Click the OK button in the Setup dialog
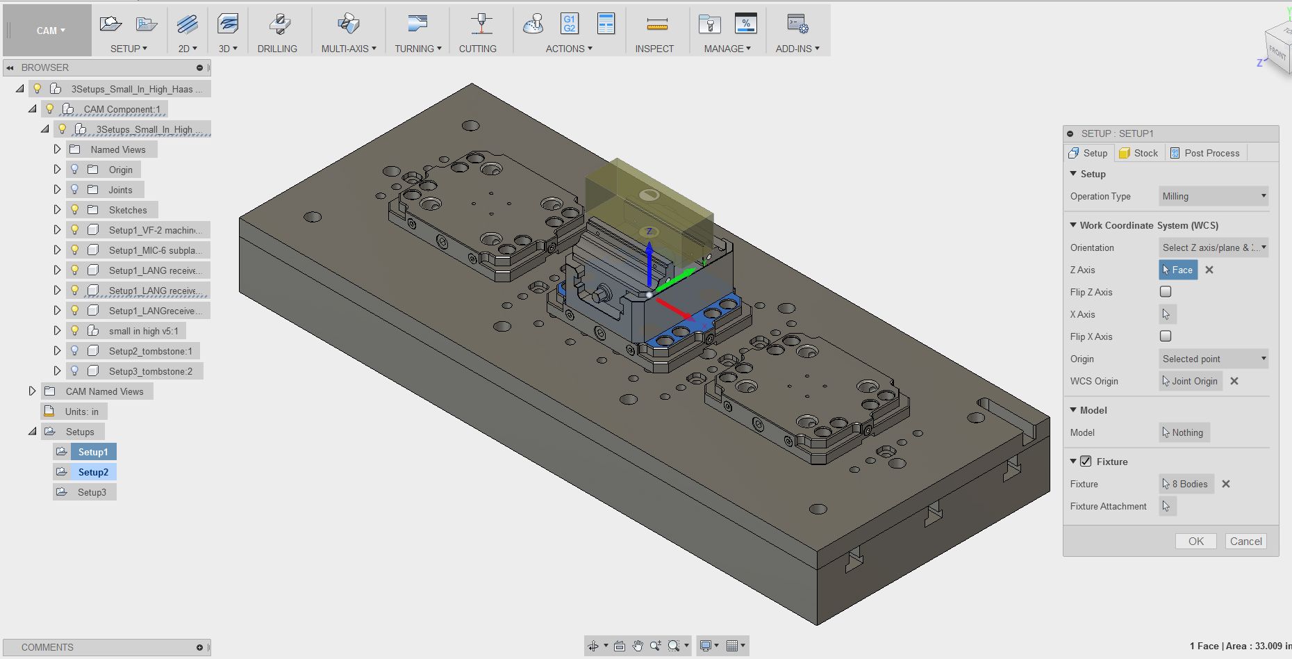pos(1195,542)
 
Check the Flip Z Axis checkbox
pos(1166,292)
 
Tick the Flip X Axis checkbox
pos(1166,336)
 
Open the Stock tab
pos(1139,153)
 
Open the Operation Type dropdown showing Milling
pos(1213,197)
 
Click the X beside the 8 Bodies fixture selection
pos(1226,484)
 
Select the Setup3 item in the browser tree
pos(92,492)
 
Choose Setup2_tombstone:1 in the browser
pos(150,351)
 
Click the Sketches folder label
pos(128,210)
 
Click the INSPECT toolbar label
pos(654,49)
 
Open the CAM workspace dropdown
pos(51,31)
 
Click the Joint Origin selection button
pos(1191,381)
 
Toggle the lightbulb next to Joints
pos(75,190)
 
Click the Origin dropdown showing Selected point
pos(1213,359)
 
